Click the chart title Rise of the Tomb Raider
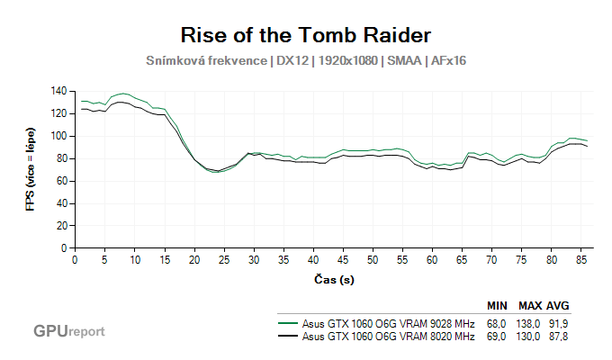tap(306, 35)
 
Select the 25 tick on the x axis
tap(224, 259)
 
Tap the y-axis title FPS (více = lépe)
tap(30, 169)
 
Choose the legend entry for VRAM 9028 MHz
tap(388, 321)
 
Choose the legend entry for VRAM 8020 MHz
tap(388, 337)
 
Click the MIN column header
tap(498, 305)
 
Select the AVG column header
tap(559, 305)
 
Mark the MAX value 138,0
tap(529, 321)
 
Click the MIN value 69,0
tap(498, 337)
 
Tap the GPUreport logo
tap(69, 331)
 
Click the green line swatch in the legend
tap(288, 321)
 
